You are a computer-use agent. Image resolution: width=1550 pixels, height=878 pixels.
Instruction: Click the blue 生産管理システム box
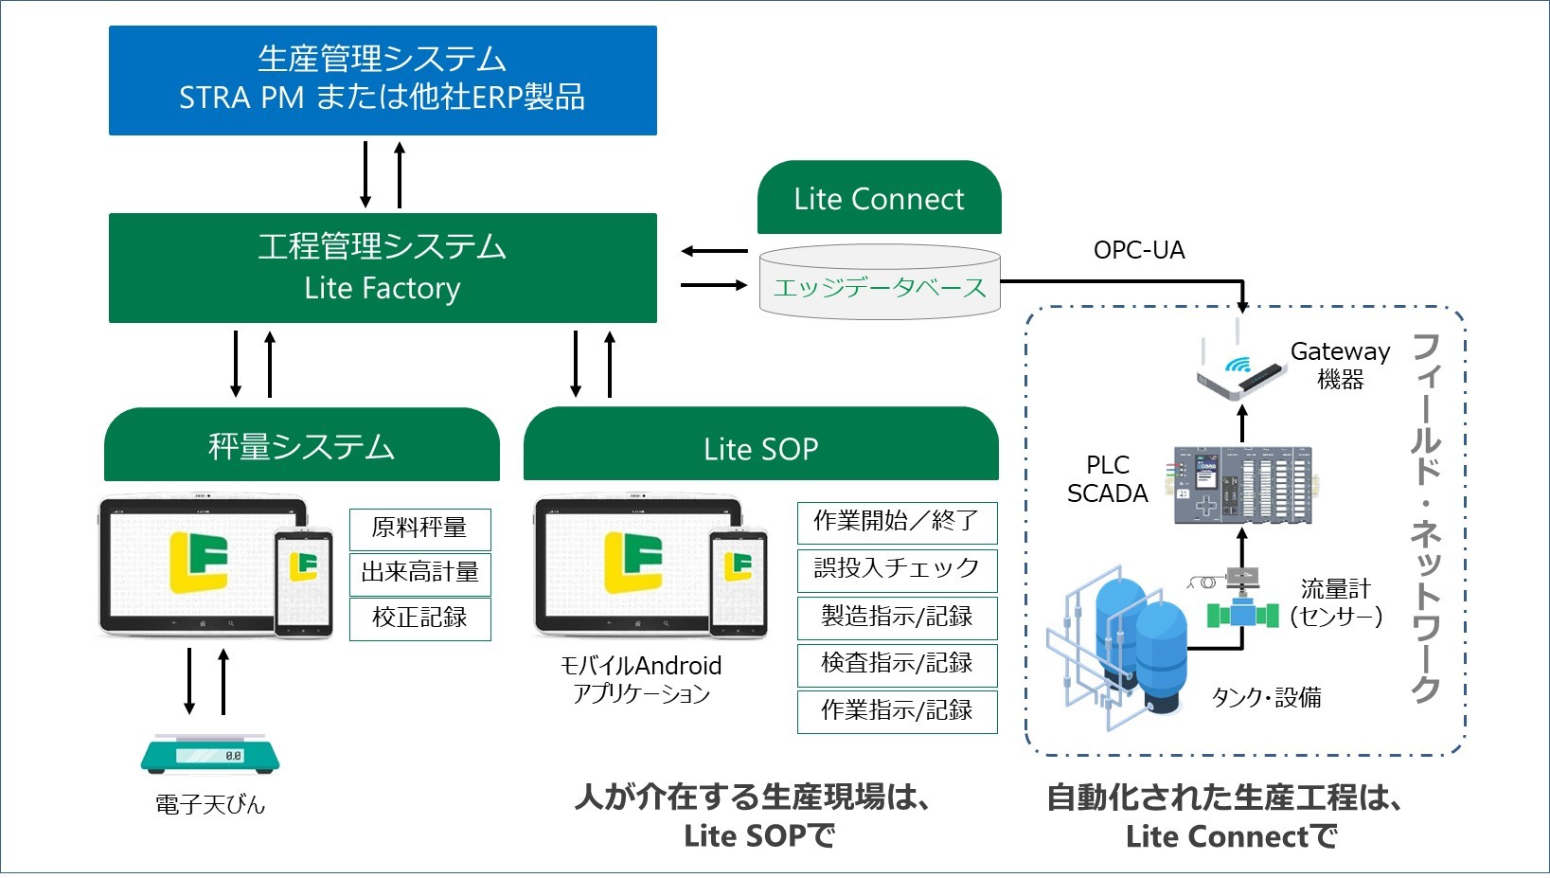pyautogui.click(x=383, y=80)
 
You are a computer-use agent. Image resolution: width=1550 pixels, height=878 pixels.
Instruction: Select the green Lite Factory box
pyautogui.click(x=383, y=268)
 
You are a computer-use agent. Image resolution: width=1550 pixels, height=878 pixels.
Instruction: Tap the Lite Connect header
pyautogui.click(x=879, y=199)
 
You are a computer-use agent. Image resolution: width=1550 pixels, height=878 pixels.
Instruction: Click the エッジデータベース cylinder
pyautogui.click(x=880, y=284)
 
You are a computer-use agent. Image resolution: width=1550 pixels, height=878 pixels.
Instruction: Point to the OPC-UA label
pyautogui.click(x=1139, y=250)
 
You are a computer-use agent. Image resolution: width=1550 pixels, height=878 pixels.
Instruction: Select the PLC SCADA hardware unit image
pyautogui.click(x=1243, y=485)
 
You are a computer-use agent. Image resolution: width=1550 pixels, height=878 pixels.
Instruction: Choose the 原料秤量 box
pyautogui.click(x=419, y=529)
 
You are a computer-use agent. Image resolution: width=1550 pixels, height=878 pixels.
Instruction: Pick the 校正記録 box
pyautogui.click(x=419, y=618)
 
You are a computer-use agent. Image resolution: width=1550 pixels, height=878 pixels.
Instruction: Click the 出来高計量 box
pyautogui.click(x=419, y=573)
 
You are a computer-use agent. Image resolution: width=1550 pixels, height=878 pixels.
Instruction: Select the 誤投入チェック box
pyautogui.click(x=897, y=568)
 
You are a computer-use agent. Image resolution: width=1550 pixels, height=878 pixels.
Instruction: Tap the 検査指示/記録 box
pyautogui.click(x=897, y=663)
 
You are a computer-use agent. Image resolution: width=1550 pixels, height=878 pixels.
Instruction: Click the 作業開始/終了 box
pyautogui.click(x=897, y=521)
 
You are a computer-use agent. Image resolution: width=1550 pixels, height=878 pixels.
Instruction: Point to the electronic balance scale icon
pyautogui.click(x=210, y=754)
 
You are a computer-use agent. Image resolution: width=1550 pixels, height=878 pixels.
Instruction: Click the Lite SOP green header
pyautogui.click(x=760, y=447)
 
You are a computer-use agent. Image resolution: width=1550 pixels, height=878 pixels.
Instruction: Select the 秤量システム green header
pyautogui.click(x=301, y=446)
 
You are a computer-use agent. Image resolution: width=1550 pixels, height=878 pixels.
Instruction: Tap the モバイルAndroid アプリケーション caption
pyautogui.click(x=641, y=679)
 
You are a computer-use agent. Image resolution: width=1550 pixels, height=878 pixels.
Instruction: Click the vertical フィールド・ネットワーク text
pyautogui.click(x=1426, y=517)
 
